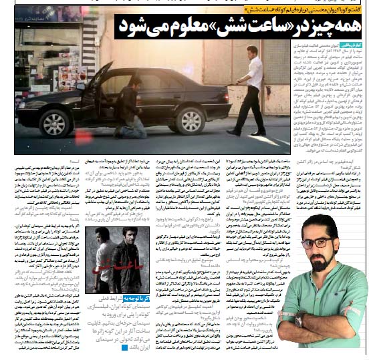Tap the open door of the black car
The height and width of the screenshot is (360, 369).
(94, 94)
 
